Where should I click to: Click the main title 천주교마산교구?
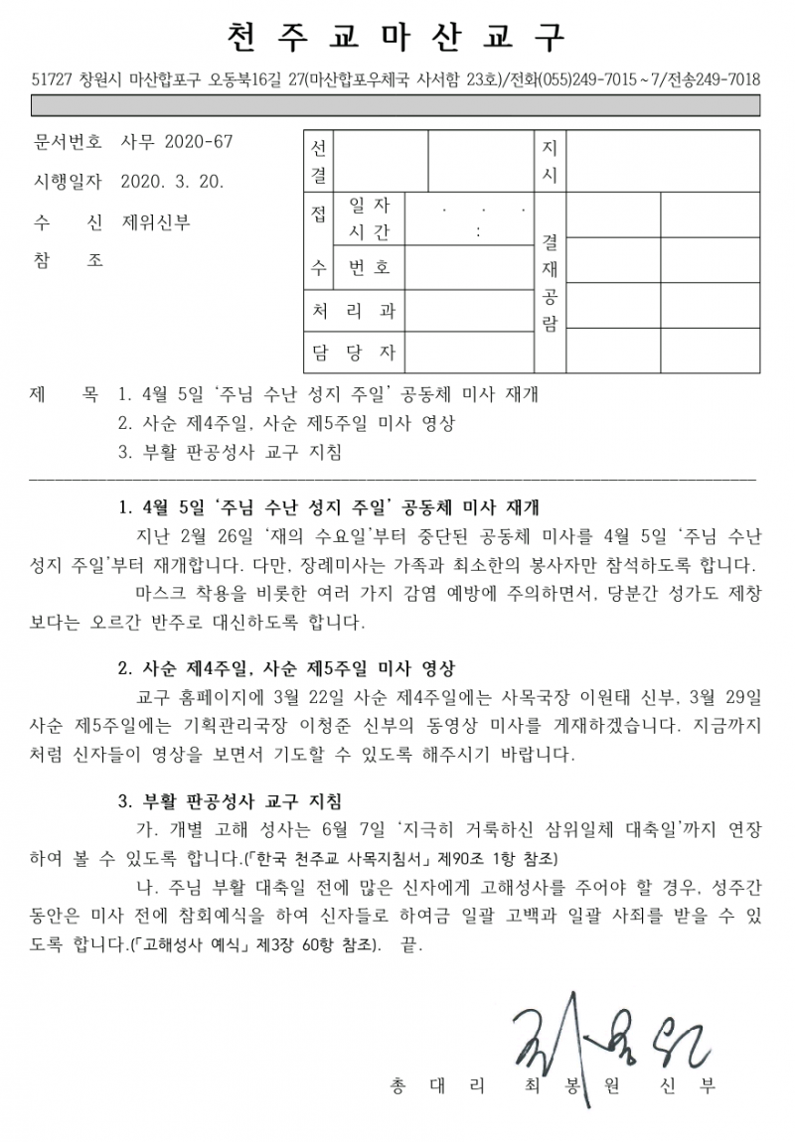396,37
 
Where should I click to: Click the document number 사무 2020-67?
176,142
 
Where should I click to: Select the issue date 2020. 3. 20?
171,182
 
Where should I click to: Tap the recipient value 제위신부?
156,221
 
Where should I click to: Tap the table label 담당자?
353,352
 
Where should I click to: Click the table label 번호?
369,268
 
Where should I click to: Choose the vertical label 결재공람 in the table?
550,282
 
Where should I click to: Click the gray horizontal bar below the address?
397,106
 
